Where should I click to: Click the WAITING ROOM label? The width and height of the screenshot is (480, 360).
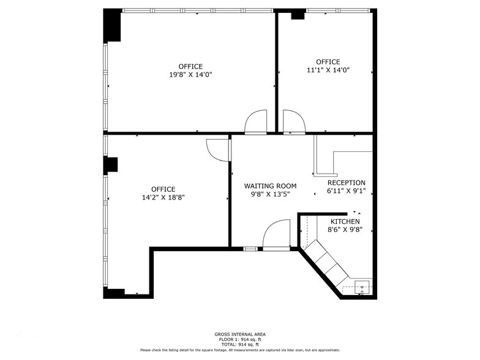(x=270, y=186)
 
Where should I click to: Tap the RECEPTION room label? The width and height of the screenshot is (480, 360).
(x=346, y=182)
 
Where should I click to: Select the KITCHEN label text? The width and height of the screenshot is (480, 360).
(x=345, y=221)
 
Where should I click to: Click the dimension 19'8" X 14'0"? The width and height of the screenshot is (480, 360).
(x=190, y=75)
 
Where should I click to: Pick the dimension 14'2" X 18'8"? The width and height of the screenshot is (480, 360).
(x=163, y=198)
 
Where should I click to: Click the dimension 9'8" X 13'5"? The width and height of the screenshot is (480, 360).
(x=270, y=194)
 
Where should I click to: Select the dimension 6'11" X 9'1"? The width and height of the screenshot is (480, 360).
(x=346, y=191)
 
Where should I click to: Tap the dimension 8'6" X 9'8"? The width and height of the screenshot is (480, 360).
(x=345, y=230)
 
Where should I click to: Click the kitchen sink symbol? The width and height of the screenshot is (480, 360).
(x=362, y=287)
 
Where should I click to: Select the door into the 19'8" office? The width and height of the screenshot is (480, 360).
(x=256, y=122)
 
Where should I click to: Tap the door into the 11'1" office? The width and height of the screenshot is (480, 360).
(x=294, y=122)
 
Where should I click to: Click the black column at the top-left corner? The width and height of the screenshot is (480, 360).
(x=112, y=26)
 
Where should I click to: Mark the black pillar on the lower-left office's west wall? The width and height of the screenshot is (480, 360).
(x=111, y=165)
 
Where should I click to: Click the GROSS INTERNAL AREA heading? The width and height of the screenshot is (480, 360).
(x=240, y=334)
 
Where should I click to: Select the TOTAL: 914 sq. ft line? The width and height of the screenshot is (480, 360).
(x=240, y=344)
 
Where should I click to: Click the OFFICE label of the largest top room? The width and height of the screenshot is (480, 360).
(x=190, y=66)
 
